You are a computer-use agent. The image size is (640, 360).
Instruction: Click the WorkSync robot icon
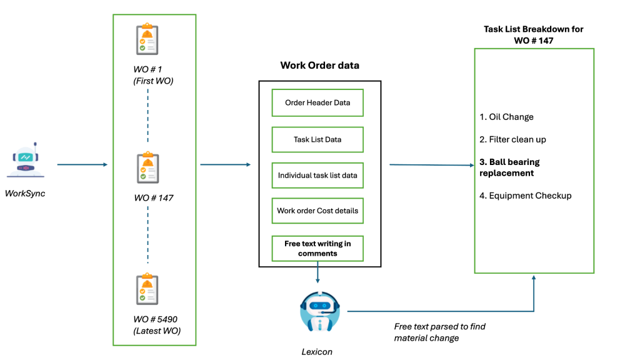click(x=26, y=161)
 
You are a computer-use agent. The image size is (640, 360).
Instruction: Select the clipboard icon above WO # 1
click(x=147, y=40)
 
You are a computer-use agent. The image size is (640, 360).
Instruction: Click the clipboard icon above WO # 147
click(x=147, y=167)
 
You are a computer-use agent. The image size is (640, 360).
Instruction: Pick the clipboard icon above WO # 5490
click(x=147, y=289)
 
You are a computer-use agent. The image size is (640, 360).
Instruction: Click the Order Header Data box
click(x=317, y=102)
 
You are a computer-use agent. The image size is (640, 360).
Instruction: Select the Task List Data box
click(x=317, y=139)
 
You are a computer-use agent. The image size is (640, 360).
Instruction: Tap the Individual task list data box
click(x=317, y=175)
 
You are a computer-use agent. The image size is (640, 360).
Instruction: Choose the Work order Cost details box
click(x=317, y=211)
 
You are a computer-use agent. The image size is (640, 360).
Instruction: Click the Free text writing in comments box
click(x=317, y=248)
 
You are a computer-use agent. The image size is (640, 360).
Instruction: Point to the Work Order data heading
click(x=319, y=65)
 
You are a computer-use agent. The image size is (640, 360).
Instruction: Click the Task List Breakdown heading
click(x=533, y=35)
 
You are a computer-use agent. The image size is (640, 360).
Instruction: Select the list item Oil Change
click(x=506, y=117)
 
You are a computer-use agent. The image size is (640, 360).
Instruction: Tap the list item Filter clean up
click(x=512, y=139)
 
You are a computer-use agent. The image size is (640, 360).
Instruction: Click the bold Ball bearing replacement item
click(x=509, y=167)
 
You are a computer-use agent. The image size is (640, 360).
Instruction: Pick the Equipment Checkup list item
click(x=525, y=196)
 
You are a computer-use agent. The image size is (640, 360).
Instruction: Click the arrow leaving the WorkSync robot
click(x=82, y=165)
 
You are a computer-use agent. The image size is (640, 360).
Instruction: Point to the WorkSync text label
click(x=25, y=194)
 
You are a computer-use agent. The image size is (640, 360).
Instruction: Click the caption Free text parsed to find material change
click(x=439, y=332)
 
